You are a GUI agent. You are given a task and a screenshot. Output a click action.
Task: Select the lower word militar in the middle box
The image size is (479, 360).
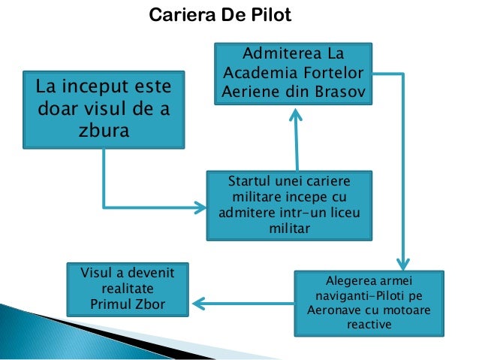(289, 228)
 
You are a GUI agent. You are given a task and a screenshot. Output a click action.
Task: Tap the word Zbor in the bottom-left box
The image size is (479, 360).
(149, 304)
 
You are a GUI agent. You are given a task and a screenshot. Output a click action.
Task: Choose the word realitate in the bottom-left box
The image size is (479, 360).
(127, 289)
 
